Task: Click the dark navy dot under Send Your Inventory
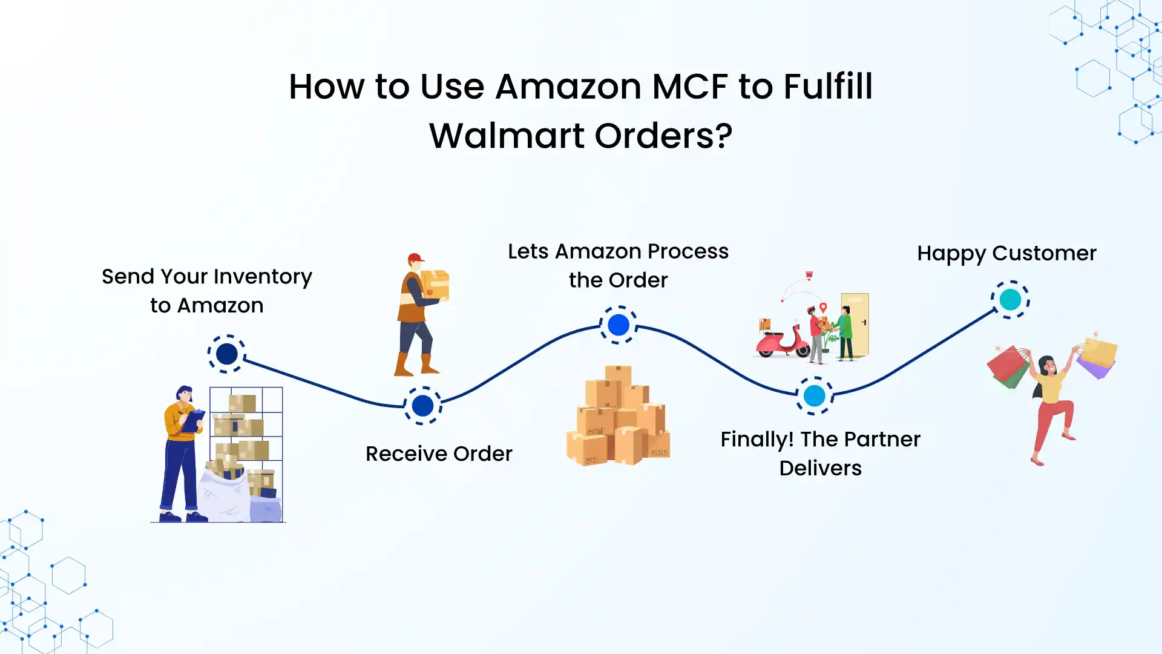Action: [x=227, y=354]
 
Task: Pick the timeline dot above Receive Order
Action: [x=422, y=406]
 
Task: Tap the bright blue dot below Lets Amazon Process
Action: [x=618, y=325]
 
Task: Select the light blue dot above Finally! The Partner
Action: [x=814, y=396]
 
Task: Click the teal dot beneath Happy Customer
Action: [x=1009, y=299]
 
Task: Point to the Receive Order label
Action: [x=439, y=454]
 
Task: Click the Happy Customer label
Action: [x=1006, y=253]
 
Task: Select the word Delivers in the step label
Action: [x=820, y=468]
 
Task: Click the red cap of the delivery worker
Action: [x=415, y=259]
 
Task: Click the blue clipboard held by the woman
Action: [x=193, y=421]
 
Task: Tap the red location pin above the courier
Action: [x=823, y=308]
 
